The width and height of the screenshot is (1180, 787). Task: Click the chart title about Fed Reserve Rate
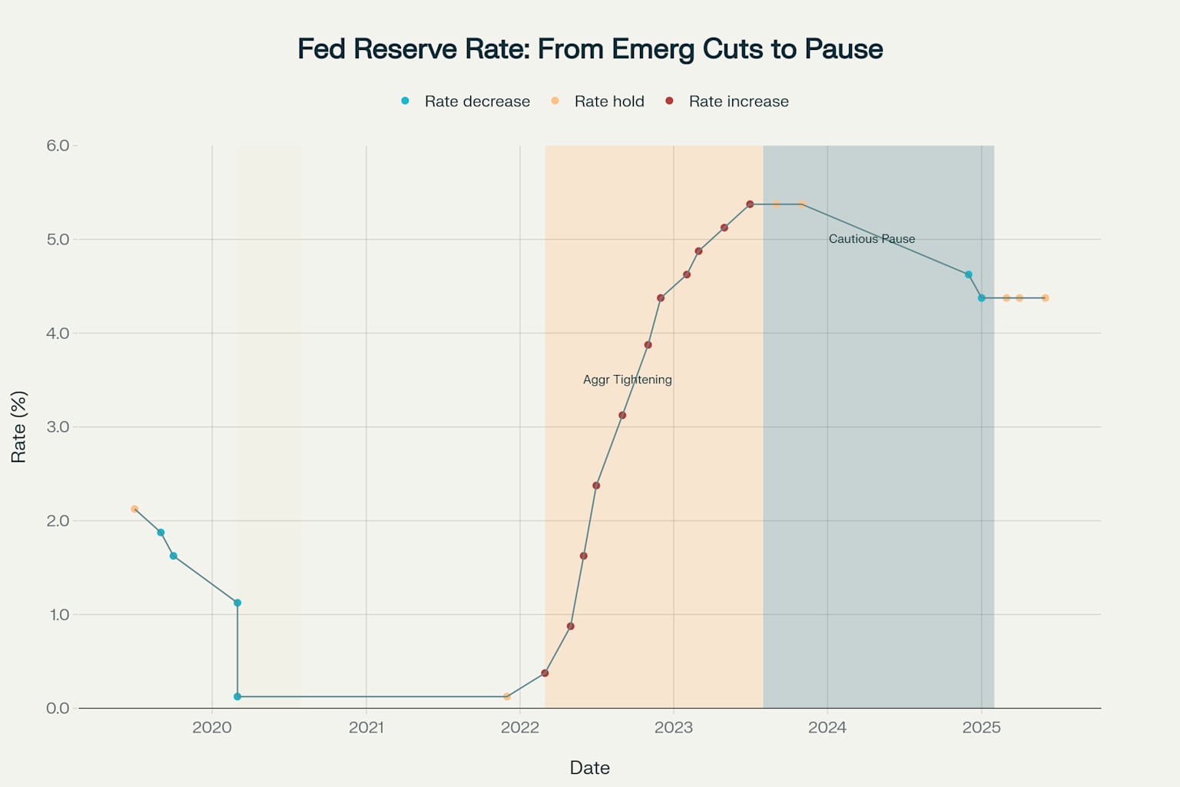point(590,49)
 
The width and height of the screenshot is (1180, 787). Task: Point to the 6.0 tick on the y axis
point(58,146)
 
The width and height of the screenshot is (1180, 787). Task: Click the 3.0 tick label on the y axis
point(58,427)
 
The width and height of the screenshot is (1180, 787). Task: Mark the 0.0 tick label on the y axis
point(58,708)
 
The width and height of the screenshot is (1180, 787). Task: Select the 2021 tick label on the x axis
point(366,728)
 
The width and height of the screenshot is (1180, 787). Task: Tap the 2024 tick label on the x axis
point(827,728)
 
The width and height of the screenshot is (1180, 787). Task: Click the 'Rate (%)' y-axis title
point(19,427)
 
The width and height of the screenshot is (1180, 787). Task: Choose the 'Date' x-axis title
point(590,768)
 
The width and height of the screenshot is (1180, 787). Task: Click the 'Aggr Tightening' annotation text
point(627,380)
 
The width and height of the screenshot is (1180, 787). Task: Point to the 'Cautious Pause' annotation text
point(871,239)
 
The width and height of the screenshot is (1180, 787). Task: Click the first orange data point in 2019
point(134,509)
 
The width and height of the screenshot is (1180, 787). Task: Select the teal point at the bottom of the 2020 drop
point(237,696)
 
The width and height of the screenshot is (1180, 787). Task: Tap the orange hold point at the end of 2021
point(507,696)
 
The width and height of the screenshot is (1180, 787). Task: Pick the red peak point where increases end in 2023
point(750,204)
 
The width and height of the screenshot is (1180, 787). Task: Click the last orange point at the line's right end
point(1045,298)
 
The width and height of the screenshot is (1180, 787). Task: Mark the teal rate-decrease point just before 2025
point(968,274)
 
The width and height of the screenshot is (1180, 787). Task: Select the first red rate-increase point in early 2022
point(545,673)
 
